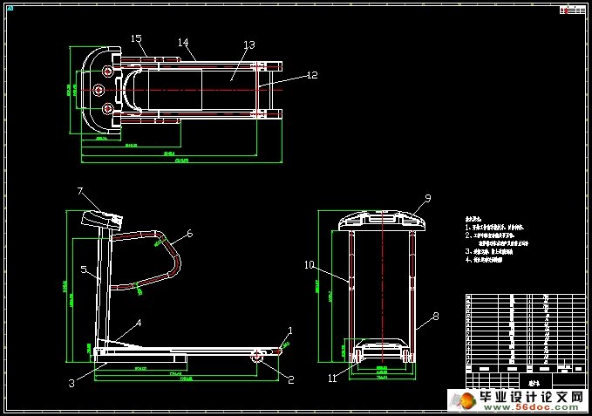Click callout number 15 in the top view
pos(136,38)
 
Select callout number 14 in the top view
pos(183,42)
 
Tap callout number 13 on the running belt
pos(248,44)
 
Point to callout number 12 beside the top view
pos(311,75)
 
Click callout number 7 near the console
pos(79,190)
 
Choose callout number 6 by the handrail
pos(189,233)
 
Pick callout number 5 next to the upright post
pos(85,270)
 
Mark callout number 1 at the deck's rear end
pos(290,331)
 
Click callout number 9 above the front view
pos(428,198)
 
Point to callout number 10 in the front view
pos(309,263)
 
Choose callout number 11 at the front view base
pos(332,378)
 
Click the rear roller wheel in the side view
pos(258,356)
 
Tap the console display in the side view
pos(102,217)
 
